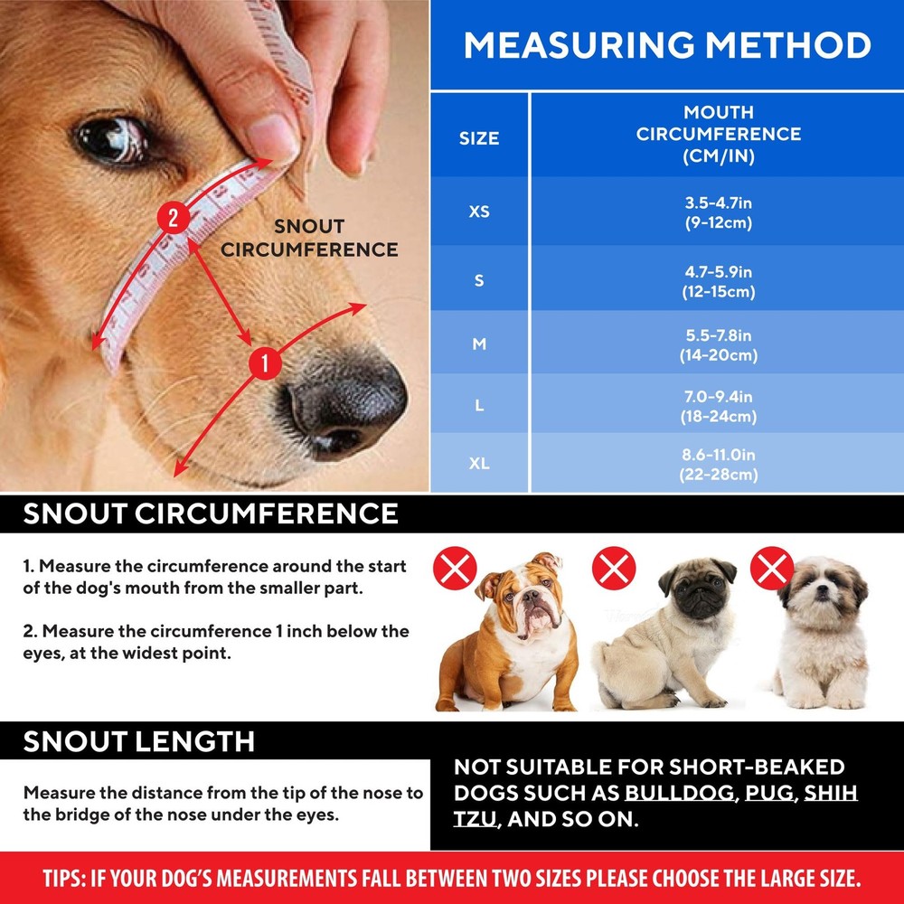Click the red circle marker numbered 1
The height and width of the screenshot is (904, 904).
[x=264, y=363]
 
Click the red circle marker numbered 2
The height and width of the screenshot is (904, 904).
[x=173, y=218]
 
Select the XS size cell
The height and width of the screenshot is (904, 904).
[x=479, y=212]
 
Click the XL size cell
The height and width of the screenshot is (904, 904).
[x=479, y=464]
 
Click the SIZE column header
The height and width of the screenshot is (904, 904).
[x=479, y=138]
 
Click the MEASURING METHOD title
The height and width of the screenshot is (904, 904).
[x=667, y=45]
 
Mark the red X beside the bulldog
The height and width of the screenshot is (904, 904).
[x=456, y=570]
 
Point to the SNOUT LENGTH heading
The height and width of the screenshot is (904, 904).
[x=139, y=742]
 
